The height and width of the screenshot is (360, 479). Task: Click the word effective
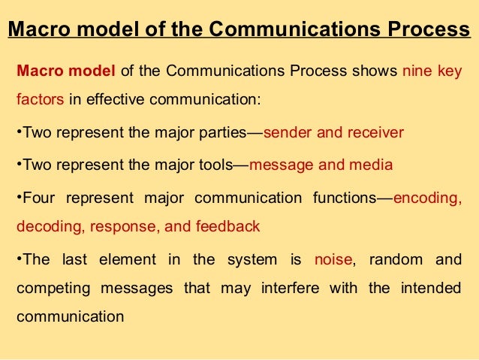116,100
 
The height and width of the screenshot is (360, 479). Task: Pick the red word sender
288,133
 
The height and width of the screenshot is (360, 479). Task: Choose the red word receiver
373,133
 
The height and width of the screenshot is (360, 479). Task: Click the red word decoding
42,226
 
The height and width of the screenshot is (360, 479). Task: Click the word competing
46,289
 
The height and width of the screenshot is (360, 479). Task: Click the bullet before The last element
18,261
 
